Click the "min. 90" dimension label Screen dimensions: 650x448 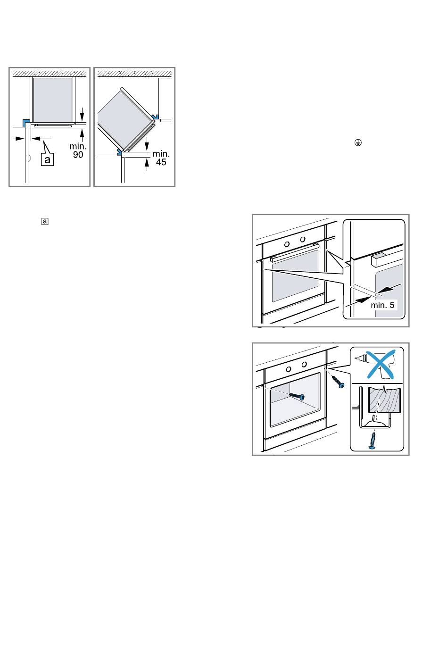coord(78,150)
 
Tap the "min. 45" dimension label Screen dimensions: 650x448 coord(161,158)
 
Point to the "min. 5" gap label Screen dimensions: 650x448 coord(382,305)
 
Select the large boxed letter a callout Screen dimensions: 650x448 coord(48,160)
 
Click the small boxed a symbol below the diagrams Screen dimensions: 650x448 coord(45,221)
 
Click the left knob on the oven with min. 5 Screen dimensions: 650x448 coord(287,243)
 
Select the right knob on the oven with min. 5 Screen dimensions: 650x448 coord(302,239)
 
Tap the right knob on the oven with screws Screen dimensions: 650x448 coord(304,365)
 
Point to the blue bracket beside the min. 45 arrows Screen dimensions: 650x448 coord(119,151)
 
